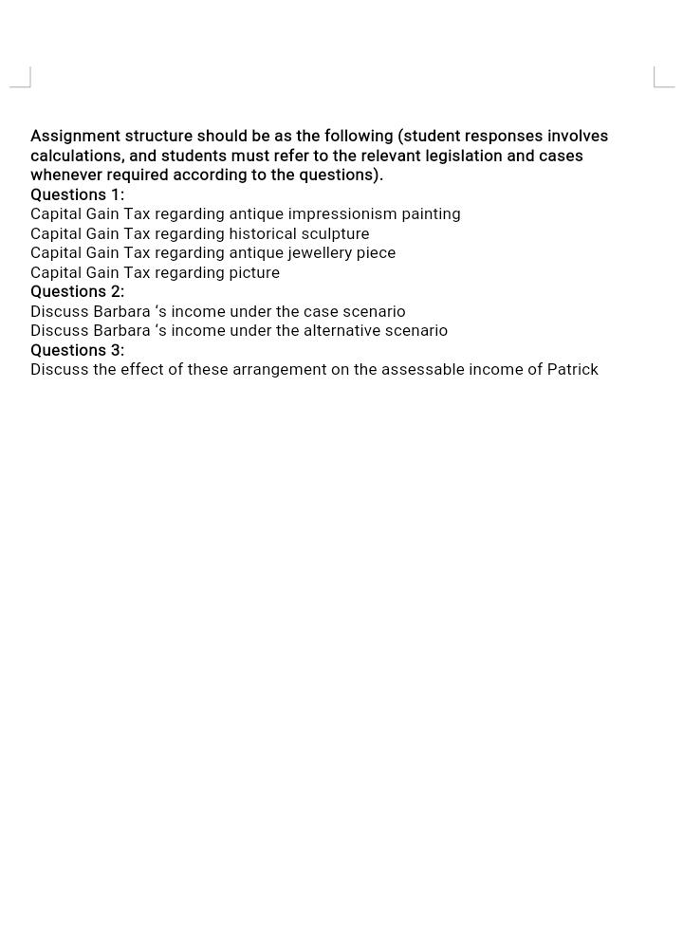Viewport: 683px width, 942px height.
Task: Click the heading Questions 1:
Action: [77, 194]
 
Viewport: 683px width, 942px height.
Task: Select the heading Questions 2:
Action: [77, 291]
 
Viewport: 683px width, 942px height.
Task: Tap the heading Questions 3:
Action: [77, 350]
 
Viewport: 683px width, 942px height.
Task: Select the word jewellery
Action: [320, 253]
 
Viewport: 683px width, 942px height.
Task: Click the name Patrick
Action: [572, 370]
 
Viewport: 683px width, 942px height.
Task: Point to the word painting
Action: [431, 214]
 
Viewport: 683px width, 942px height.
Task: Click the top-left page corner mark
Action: [21, 78]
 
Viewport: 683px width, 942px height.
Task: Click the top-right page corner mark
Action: [663, 78]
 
